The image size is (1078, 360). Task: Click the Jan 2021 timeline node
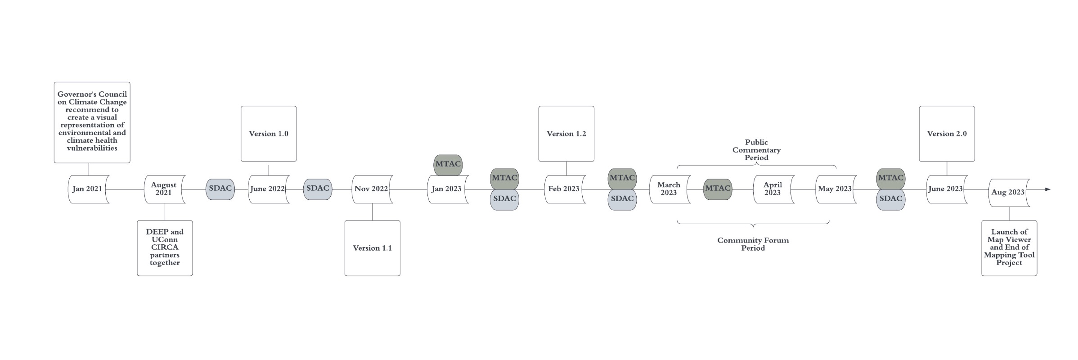click(x=88, y=189)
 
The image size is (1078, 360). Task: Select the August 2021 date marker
click(x=164, y=189)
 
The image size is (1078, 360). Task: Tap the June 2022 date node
click(x=268, y=189)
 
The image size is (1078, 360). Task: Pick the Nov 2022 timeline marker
click(x=372, y=189)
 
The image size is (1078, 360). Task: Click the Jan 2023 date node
click(x=447, y=189)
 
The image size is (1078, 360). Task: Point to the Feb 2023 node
click(x=565, y=189)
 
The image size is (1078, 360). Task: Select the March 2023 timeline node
click(x=669, y=189)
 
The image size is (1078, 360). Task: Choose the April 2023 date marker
click(x=773, y=189)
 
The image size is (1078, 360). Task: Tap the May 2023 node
click(x=835, y=189)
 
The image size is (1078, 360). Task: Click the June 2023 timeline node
click(x=946, y=189)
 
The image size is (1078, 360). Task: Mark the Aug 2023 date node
click(x=1009, y=193)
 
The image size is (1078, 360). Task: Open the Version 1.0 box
click(x=269, y=134)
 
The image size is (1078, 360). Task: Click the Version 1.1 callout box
click(x=372, y=248)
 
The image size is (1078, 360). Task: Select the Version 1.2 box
click(x=566, y=134)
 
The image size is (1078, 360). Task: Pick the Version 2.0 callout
click(x=947, y=134)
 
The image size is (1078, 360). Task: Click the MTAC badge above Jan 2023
click(x=448, y=164)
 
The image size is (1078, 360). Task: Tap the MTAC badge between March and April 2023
click(x=718, y=189)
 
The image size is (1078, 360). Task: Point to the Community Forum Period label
click(x=753, y=244)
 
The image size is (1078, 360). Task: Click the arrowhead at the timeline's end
click(x=1048, y=189)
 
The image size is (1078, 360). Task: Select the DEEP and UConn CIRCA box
click(x=165, y=248)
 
